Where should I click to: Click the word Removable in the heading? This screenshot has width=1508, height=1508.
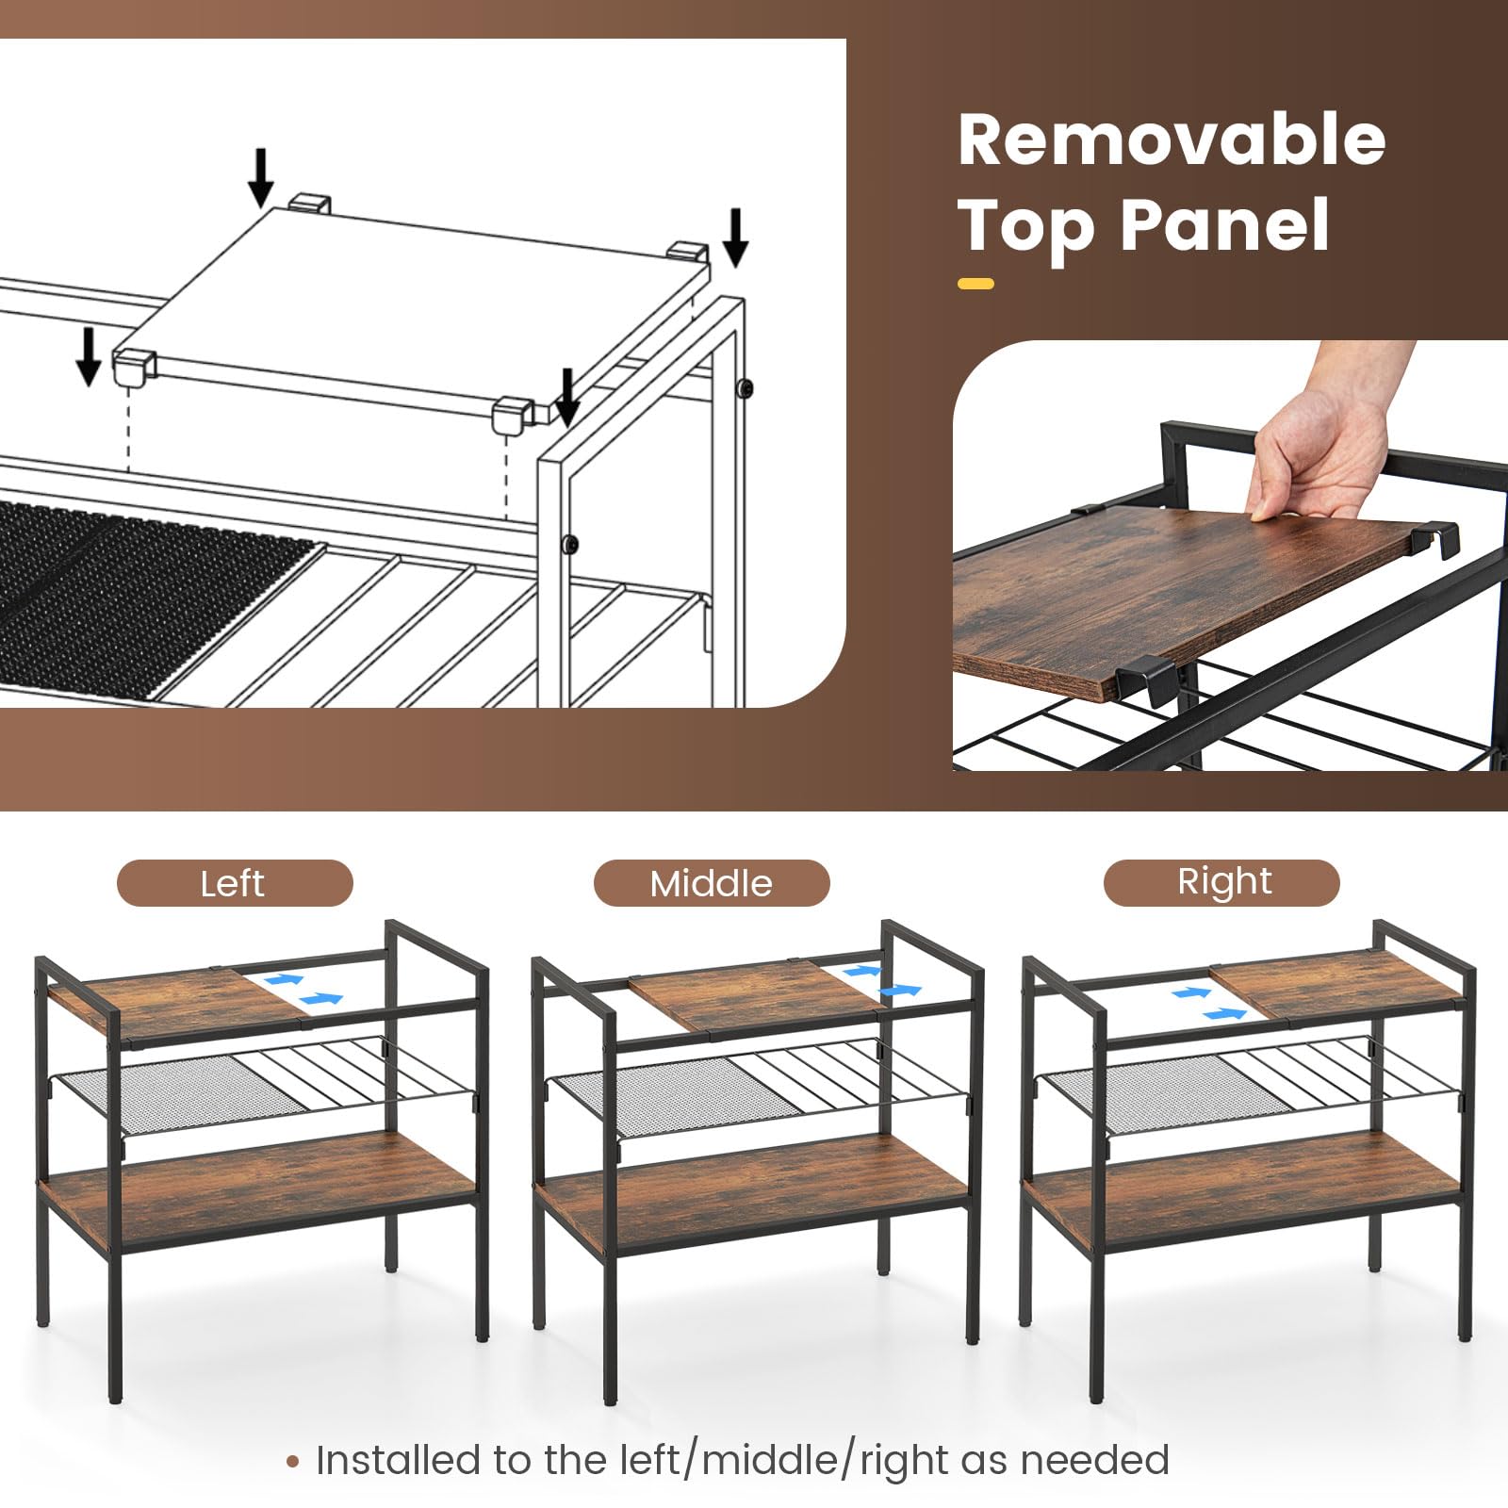[1172, 139]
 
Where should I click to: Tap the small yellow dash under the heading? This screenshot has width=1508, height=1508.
[975, 283]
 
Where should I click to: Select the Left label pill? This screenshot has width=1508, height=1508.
[235, 883]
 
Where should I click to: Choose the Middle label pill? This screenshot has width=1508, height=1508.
[712, 883]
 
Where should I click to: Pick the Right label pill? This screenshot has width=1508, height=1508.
[1221, 883]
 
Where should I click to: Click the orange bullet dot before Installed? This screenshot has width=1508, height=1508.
[293, 1463]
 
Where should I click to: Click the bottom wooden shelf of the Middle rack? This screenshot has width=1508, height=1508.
[752, 1195]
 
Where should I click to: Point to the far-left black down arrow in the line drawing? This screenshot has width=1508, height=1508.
[89, 356]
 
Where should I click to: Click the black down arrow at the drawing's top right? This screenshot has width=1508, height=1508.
[736, 238]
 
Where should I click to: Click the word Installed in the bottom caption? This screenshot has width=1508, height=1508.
[395, 1460]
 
